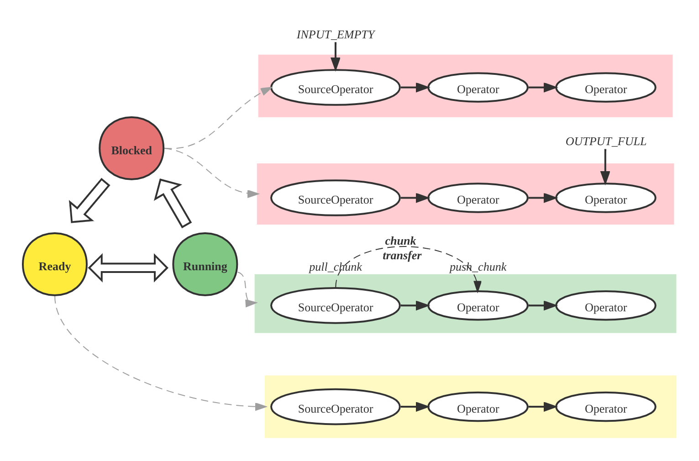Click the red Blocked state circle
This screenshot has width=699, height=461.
point(131,149)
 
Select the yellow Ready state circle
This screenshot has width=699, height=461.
point(55,265)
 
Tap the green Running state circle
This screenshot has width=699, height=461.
point(205,265)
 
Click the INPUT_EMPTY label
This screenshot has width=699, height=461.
point(336,35)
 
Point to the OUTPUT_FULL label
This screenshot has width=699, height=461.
point(606,141)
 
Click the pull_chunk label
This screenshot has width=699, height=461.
point(335,267)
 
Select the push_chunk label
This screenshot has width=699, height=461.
point(478,267)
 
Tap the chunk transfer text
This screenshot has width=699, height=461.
point(401,248)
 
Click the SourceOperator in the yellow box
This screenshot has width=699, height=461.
point(336,407)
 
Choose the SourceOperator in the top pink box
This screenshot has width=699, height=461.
point(336,88)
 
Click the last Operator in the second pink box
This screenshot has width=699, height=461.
point(606,198)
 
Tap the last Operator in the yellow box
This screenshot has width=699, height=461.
point(606,407)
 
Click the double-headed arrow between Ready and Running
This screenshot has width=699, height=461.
point(129,267)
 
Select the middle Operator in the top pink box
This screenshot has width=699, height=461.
point(478,88)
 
